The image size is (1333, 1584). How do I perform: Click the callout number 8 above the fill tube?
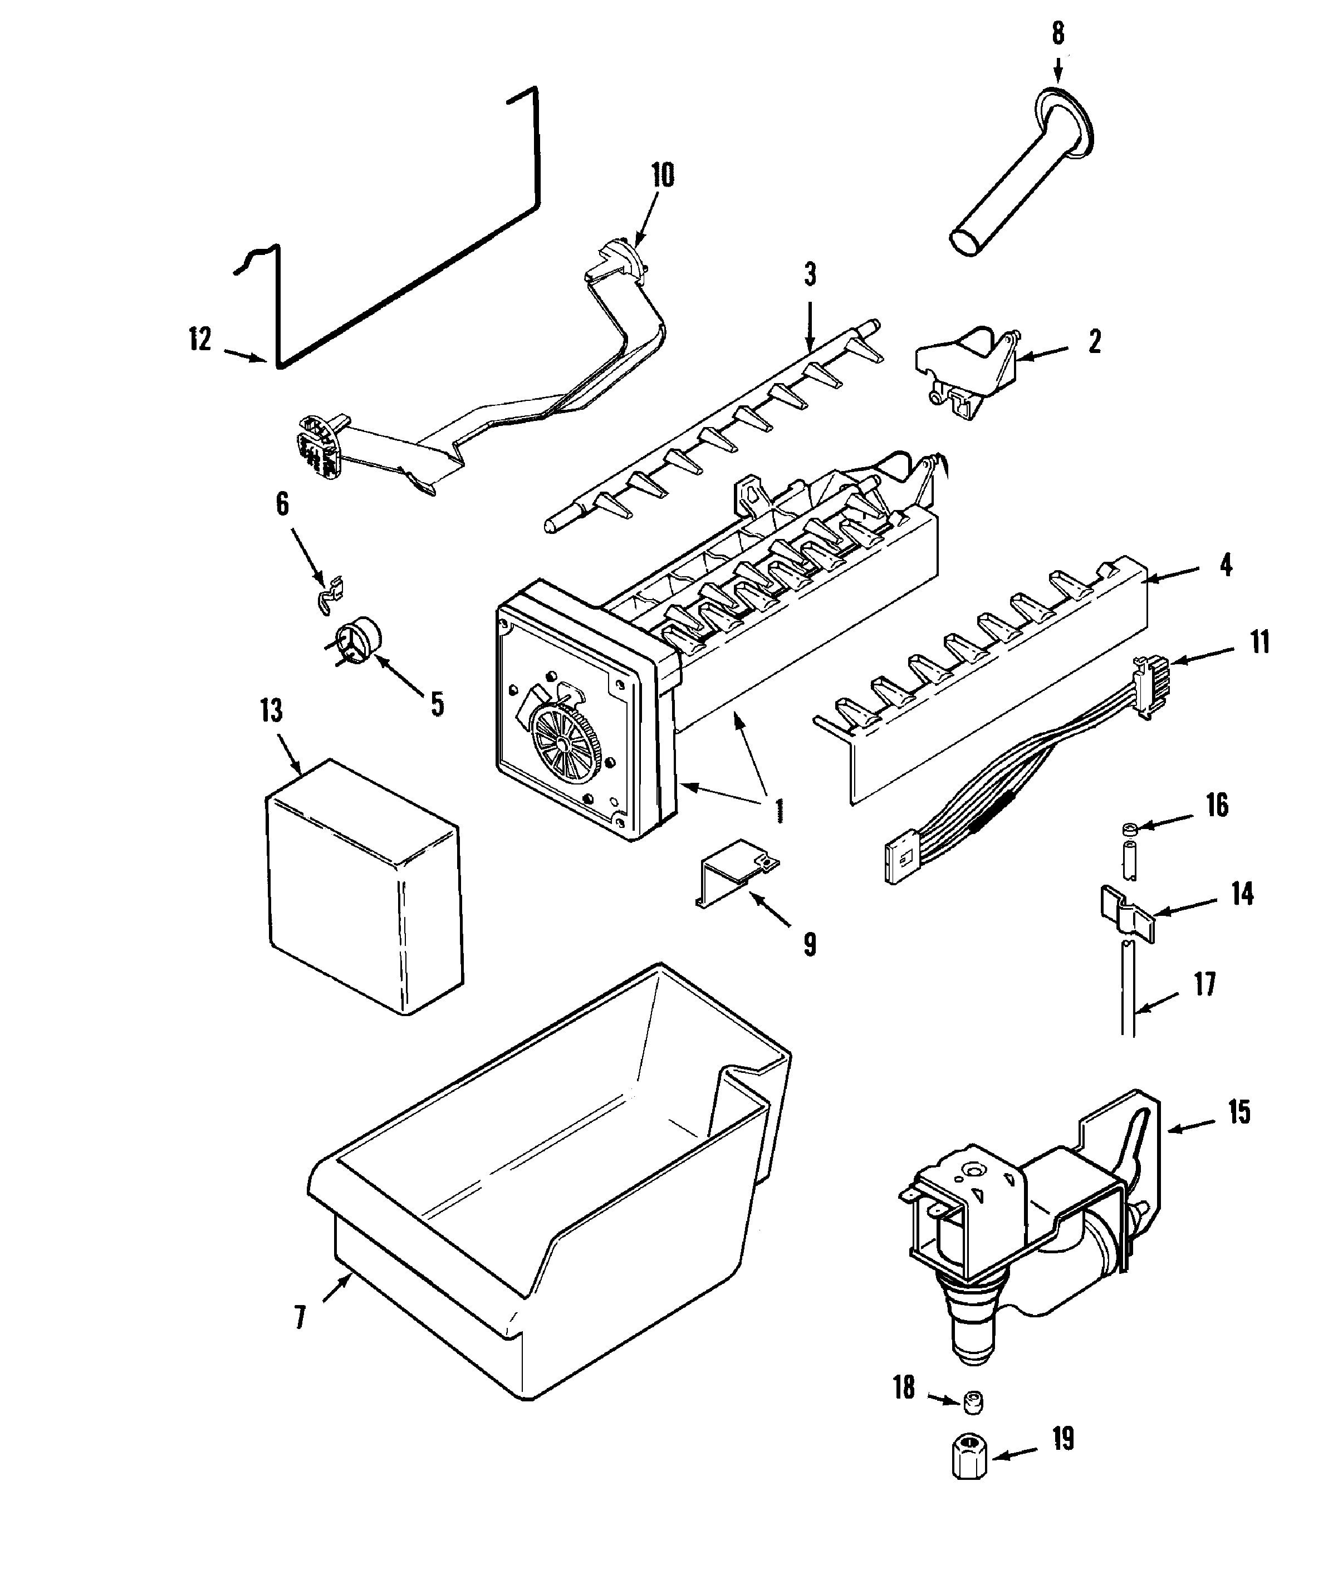point(1058,33)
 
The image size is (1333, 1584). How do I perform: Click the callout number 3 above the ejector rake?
point(811,275)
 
